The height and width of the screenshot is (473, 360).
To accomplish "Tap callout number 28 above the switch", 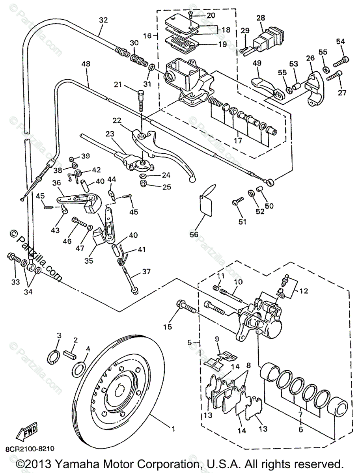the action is (x=261, y=18).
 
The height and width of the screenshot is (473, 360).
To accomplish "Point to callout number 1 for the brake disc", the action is (x=173, y=429).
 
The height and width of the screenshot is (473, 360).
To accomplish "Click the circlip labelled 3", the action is (x=54, y=358).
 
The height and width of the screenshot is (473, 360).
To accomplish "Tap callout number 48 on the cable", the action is (x=86, y=64).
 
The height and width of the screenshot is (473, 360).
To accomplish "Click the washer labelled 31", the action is (x=151, y=67).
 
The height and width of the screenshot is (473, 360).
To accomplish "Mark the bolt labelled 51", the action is (x=238, y=201).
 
